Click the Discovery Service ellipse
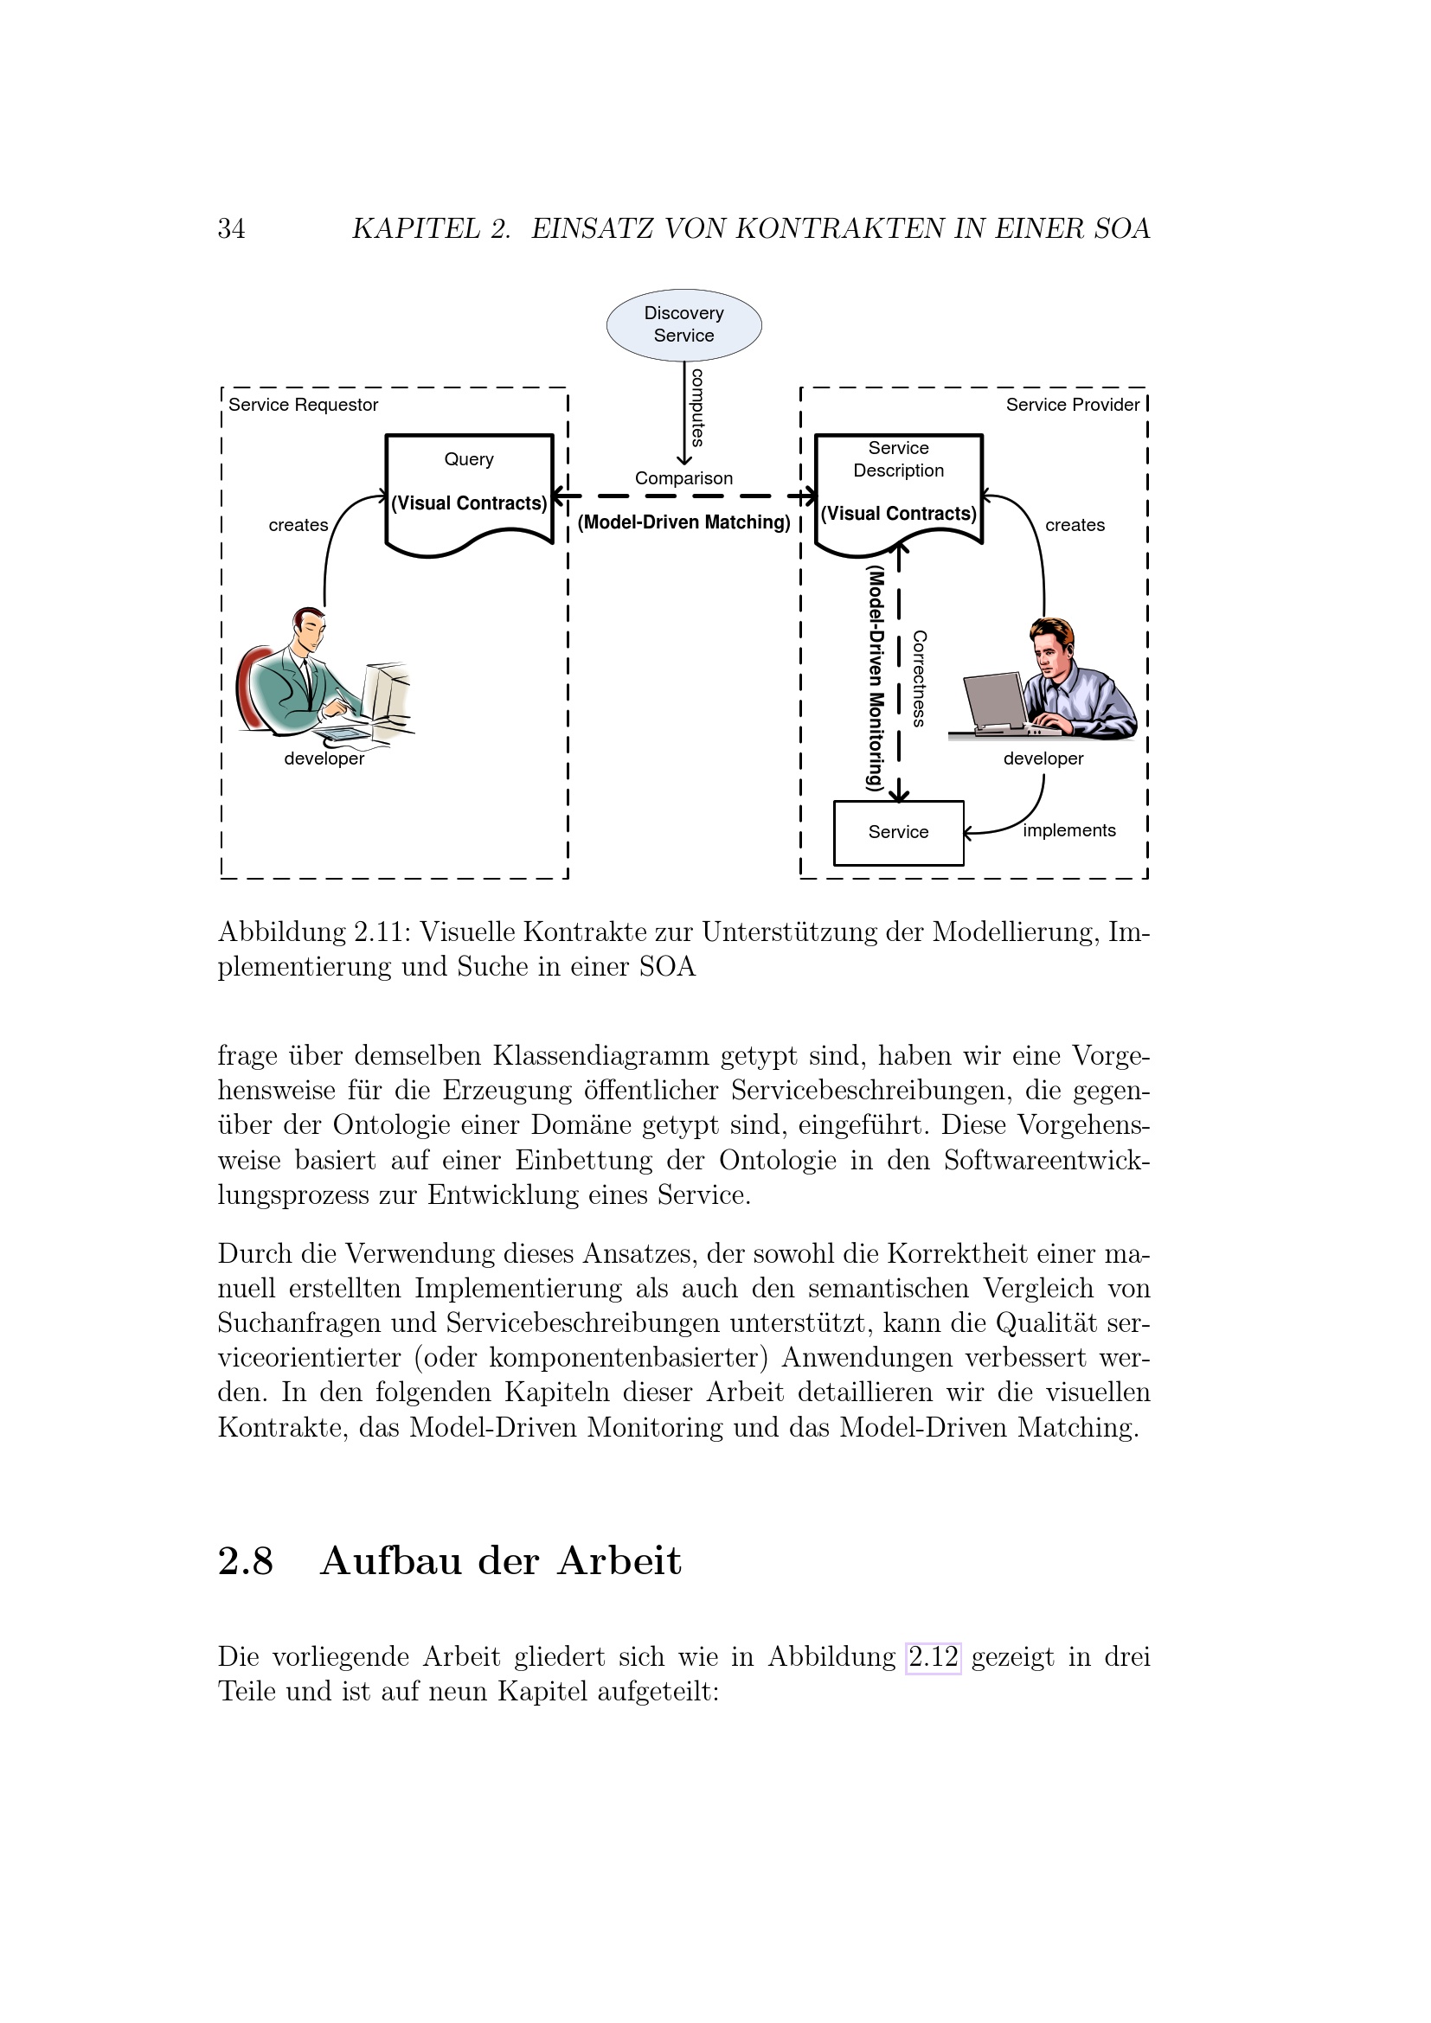point(683,324)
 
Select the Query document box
point(469,490)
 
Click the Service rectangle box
point(898,832)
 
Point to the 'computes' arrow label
point(697,407)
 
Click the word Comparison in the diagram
point(683,478)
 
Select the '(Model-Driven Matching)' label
point(683,522)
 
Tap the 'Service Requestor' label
point(303,406)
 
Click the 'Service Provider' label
point(1072,406)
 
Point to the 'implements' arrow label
point(1068,831)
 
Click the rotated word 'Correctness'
point(919,677)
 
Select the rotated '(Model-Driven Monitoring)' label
point(874,677)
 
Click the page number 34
point(232,229)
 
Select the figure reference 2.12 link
point(934,1657)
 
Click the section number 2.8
point(246,1561)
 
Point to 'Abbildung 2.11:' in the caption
point(315,932)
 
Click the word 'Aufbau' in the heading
point(390,1561)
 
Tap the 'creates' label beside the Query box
point(298,525)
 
